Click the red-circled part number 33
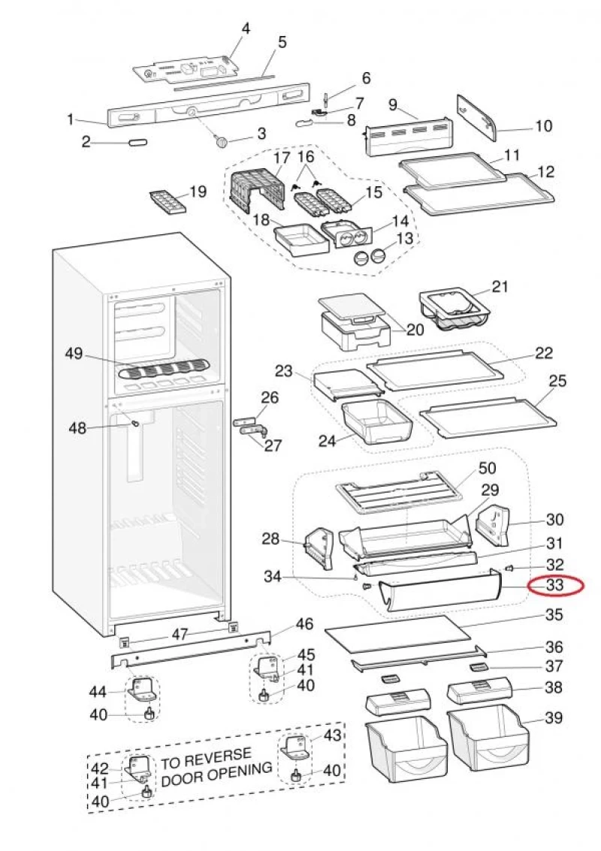pos(554,585)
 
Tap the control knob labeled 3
pos(221,140)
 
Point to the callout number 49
pos(74,355)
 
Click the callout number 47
pos(179,635)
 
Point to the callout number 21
pos(500,286)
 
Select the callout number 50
pos(487,469)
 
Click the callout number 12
pos(546,172)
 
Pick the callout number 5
pos(282,43)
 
